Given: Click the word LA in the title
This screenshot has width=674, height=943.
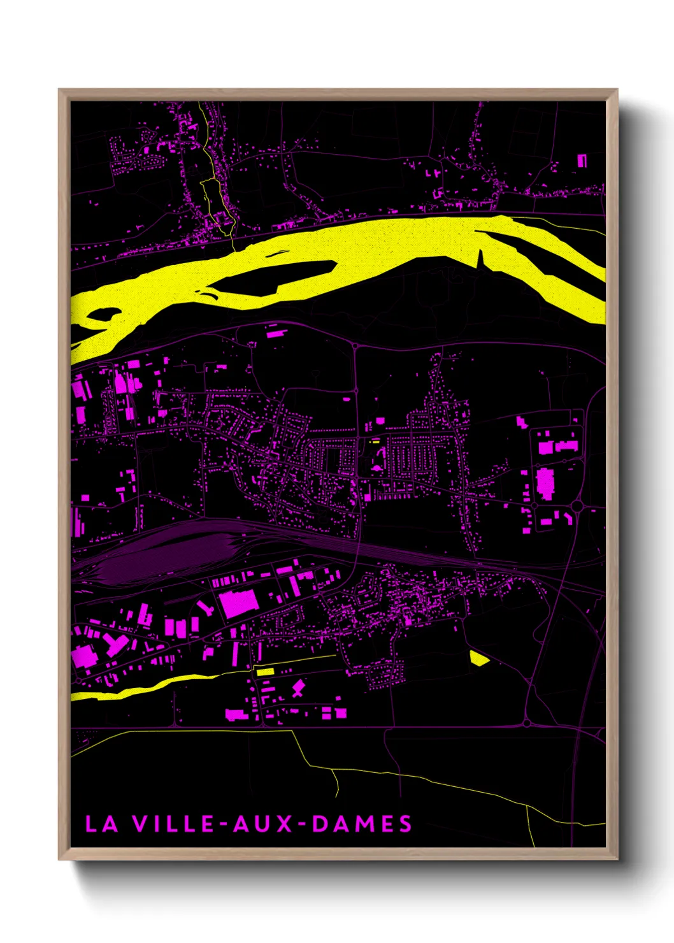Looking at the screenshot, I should click(102, 824).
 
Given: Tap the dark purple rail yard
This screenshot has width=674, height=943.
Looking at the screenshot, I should click(159, 548).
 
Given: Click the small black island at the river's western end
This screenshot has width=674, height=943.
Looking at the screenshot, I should click(102, 314).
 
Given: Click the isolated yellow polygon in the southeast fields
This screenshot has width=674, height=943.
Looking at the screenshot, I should click(478, 658).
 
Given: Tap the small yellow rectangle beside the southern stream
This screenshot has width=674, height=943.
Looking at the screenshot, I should click(264, 671).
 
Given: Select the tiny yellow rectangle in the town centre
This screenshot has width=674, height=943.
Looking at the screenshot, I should click(375, 440).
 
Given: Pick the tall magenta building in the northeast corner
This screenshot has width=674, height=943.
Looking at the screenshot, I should click(582, 161).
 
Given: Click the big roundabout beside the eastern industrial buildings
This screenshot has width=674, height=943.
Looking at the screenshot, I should click(577, 507).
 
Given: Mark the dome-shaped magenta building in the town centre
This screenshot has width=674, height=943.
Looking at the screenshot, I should click(376, 468).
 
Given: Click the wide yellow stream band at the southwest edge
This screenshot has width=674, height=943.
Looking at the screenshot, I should click(127, 691).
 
